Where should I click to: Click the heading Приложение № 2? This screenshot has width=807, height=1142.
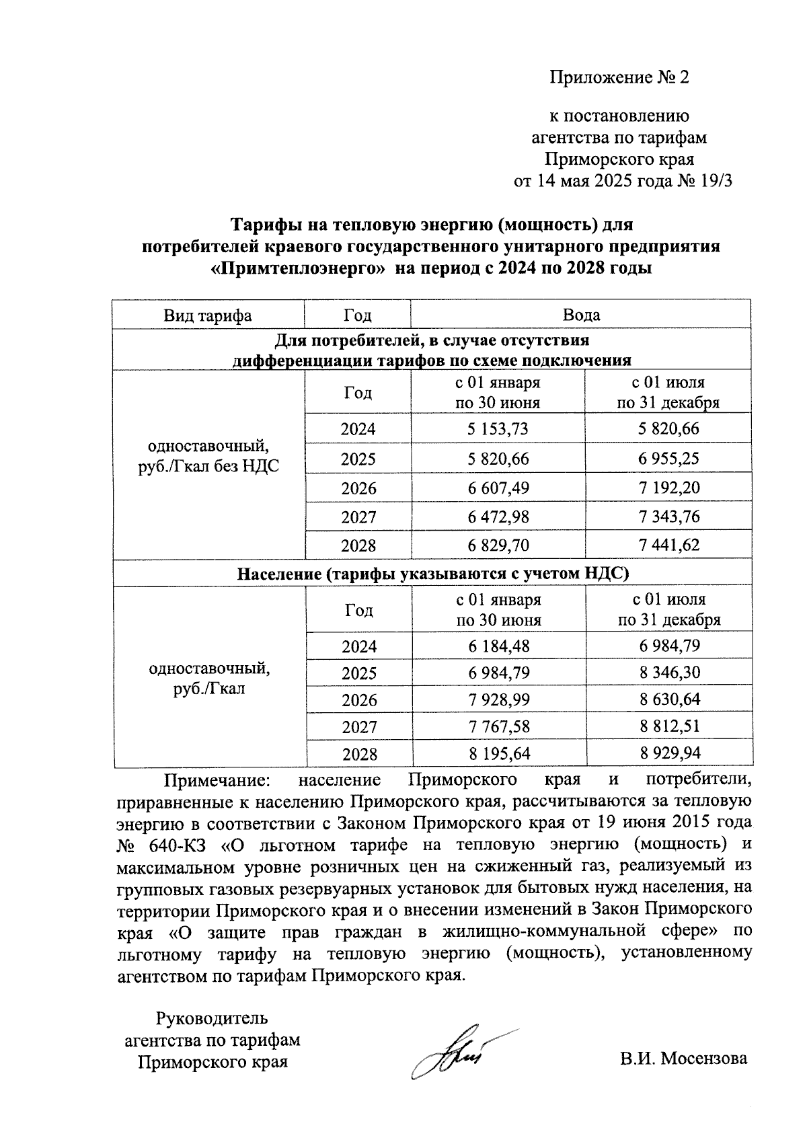click(619, 77)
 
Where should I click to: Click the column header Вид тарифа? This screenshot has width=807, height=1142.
click(207, 315)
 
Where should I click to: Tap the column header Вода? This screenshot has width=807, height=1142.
click(580, 315)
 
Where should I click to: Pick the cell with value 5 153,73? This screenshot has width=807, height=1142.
click(498, 428)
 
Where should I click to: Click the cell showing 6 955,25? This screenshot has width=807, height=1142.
click(668, 459)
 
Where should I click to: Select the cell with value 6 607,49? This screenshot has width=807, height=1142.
click(498, 488)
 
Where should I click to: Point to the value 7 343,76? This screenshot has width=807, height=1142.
click(668, 517)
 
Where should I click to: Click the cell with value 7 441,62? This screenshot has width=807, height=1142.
click(668, 545)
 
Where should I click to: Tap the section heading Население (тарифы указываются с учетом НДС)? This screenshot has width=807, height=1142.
click(432, 574)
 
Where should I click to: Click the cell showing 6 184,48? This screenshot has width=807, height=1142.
click(498, 646)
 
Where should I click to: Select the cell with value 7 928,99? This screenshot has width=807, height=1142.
click(498, 699)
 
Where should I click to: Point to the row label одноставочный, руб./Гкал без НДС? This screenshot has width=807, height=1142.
click(208, 456)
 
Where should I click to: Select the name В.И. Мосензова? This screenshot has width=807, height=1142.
click(683, 1058)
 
